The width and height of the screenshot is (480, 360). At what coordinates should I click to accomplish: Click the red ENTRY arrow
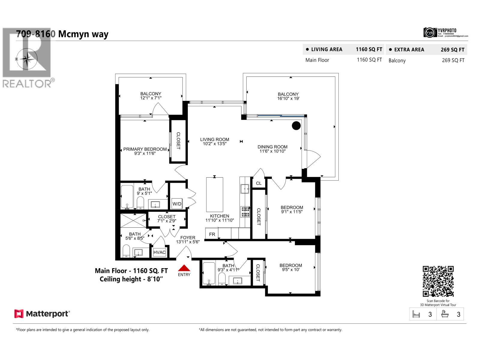pyautogui.click(x=184, y=268)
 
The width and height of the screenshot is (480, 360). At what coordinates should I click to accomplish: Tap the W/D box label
pyautogui.click(x=177, y=204)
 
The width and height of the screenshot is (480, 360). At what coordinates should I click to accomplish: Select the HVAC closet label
pyautogui.click(x=159, y=252)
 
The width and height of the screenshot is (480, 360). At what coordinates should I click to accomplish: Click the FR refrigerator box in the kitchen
pyautogui.click(x=212, y=234)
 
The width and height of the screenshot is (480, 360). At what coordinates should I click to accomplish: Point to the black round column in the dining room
pyautogui.click(x=296, y=126)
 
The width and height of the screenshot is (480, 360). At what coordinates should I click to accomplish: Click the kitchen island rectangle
pyautogui.click(x=214, y=194)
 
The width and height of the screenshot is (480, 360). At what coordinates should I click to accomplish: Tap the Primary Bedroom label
pyautogui.click(x=145, y=149)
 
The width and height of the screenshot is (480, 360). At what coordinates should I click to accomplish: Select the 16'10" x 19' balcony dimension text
pyautogui.click(x=288, y=98)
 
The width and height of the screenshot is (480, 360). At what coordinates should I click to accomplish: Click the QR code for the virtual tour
pyautogui.click(x=438, y=281)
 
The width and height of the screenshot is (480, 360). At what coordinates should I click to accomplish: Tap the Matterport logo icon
pyautogui.click(x=19, y=314)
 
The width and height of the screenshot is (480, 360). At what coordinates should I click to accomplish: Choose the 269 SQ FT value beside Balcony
pyautogui.click(x=453, y=60)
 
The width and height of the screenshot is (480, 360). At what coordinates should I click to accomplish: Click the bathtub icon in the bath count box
pyautogui.click(x=445, y=314)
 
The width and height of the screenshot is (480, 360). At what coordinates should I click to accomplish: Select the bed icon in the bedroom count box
pyautogui.click(x=416, y=314)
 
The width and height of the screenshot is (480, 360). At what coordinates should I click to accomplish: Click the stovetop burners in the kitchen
pyautogui.click(x=245, y=211)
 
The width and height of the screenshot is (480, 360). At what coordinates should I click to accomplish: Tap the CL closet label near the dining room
pyautogui.click(x=259, y=183)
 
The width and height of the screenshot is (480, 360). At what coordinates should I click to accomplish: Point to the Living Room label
pyautogui.click(x=214, y=139)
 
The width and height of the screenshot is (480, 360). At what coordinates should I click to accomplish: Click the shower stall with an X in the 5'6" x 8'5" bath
pyautogui.click(x=133, y=220)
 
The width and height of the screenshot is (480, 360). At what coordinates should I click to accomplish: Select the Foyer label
pyautogui.click(x=188, y=238)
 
